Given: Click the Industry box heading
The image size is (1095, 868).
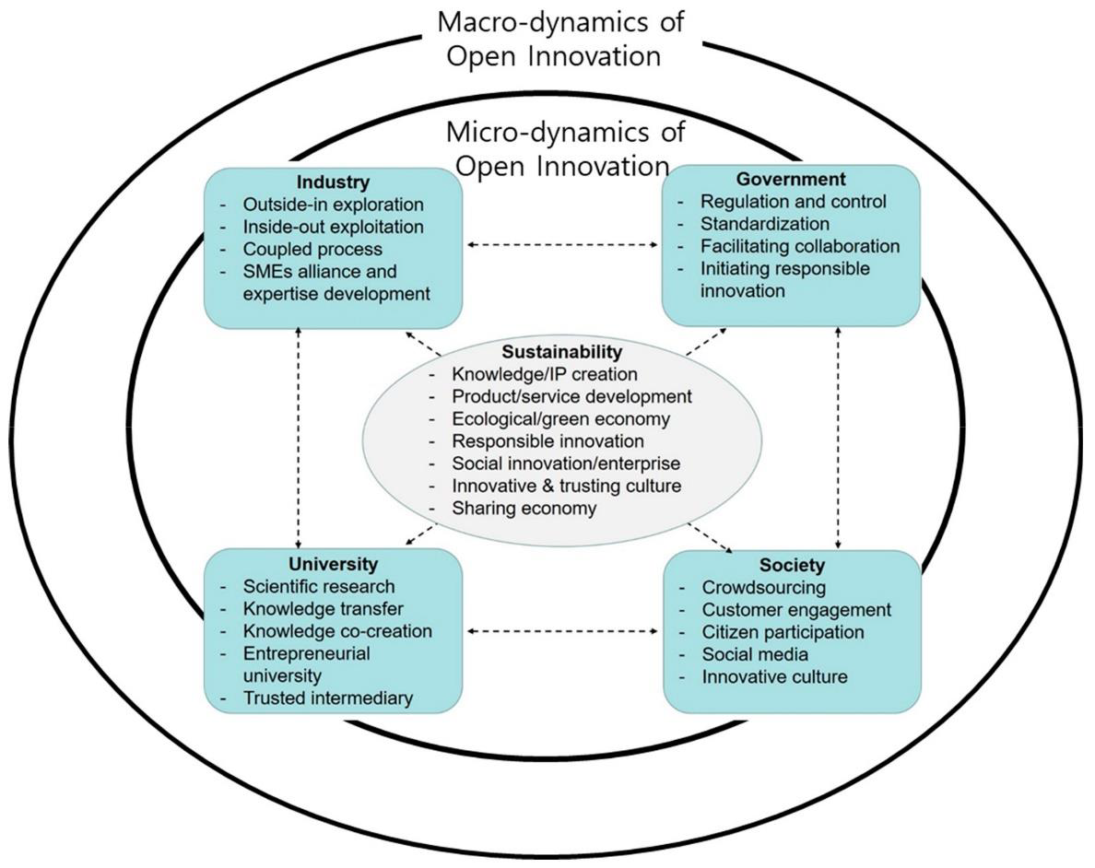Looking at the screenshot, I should [333, 182].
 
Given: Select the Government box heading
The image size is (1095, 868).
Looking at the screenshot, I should [791, 179].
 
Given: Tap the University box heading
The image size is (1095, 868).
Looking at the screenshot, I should [333, 563].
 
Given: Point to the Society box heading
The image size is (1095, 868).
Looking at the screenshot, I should [792, 565].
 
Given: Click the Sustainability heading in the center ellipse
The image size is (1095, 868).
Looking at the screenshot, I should [561, 352].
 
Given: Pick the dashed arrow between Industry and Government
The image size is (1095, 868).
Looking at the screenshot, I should [562, 245].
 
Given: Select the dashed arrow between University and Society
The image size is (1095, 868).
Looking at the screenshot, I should [562, 632].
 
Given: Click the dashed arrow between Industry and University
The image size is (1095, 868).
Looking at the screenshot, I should [299, 438].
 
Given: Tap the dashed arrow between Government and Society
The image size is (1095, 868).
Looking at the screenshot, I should [838, 438].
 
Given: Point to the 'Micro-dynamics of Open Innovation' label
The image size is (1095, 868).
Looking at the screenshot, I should [564, 148].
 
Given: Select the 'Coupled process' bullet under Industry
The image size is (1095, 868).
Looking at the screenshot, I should [312, 249].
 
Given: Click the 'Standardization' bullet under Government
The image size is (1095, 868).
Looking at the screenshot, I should [765, 224].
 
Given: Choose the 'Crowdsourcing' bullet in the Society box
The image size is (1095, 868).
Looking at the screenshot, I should [763, 587].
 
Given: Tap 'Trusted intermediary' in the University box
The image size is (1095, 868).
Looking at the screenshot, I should [327, 698].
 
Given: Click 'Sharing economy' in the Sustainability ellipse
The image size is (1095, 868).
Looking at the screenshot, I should [524, 508].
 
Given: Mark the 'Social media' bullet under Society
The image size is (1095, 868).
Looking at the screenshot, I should [755, 654].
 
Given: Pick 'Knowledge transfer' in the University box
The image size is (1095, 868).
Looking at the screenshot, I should [323, 608].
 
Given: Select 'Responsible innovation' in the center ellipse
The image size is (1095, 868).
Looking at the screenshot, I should [547, 441].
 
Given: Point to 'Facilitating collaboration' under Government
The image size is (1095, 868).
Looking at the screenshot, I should [799, 246].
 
